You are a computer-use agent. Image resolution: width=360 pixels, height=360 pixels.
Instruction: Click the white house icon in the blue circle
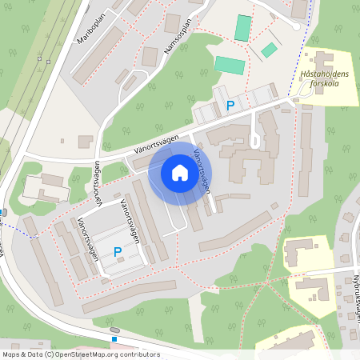click(179, 173)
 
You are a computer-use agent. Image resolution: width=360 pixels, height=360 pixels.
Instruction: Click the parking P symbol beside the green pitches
click(230, 105)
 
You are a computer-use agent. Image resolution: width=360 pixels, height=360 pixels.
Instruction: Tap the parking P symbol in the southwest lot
click(118, 252)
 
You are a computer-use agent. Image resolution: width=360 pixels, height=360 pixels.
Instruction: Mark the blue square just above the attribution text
click(114, 338)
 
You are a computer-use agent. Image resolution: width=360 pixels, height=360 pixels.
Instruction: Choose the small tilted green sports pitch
click(269, 50)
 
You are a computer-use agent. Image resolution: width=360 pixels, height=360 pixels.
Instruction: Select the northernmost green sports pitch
click(242, 28)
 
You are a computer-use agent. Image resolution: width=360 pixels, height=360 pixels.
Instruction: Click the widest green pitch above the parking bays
click(230, 64)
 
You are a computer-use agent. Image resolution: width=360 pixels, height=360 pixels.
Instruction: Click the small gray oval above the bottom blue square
click(115, 330)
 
